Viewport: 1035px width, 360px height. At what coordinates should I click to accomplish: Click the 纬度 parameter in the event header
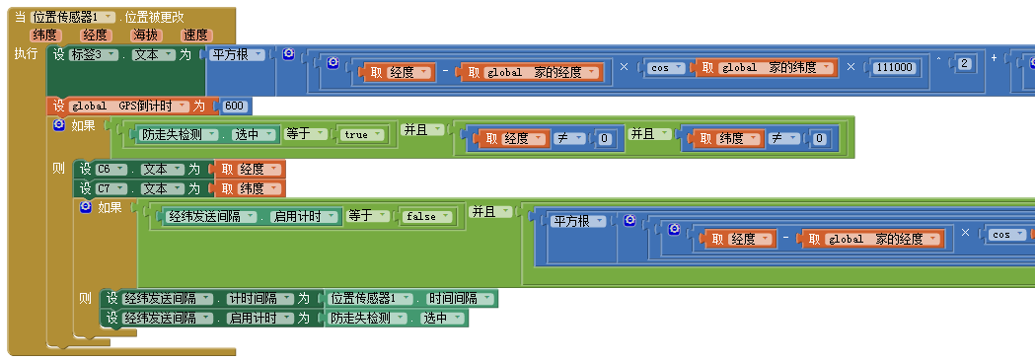46,35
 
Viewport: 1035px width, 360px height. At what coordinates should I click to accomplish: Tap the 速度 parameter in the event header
195,35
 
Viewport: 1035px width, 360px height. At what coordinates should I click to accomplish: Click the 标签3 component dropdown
95,55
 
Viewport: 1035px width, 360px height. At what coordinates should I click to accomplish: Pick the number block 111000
899,67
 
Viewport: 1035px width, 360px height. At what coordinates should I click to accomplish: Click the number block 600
234,106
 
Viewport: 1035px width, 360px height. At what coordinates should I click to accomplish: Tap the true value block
357,135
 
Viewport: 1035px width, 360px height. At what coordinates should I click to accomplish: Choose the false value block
426,216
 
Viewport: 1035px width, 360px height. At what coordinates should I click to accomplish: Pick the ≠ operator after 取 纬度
777,138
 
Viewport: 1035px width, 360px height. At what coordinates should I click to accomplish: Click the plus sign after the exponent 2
994,56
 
